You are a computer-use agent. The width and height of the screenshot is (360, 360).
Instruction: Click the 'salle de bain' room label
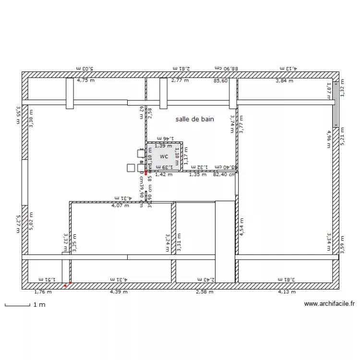tap(194, 119)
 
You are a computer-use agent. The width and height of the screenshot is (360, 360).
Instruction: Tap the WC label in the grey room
tap(164, 156)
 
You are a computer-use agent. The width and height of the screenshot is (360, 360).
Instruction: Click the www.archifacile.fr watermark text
tap(329, 304)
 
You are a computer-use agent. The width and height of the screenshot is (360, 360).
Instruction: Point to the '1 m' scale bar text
tap(39, 305)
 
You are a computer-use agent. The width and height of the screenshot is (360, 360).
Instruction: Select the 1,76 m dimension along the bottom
tap(42, 291)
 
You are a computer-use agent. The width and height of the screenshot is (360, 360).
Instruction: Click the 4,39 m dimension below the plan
tap(119, 291)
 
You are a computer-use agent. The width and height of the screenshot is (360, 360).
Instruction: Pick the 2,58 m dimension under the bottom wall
tap(204, 291)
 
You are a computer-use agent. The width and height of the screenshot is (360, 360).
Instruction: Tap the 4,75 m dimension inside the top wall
tap(86, 81)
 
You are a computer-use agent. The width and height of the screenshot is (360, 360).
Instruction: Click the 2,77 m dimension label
tap(180, 81)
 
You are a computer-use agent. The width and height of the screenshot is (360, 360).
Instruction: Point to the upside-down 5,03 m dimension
tap(84, 69)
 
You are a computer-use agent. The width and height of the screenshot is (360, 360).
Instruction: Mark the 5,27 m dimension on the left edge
tap(18, 224)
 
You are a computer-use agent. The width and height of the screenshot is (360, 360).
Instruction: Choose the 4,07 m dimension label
tap(120, 206)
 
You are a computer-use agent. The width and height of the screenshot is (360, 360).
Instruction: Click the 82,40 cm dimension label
tap(224, 174)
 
